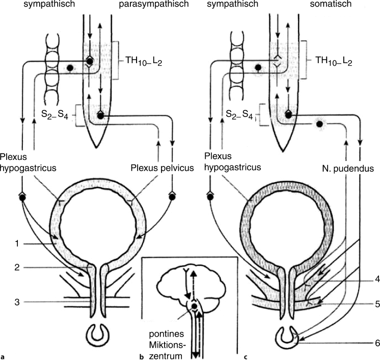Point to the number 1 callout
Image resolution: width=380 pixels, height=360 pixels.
(x=17, y=243)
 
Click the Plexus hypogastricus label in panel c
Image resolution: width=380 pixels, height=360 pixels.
(x=231, y=161)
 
